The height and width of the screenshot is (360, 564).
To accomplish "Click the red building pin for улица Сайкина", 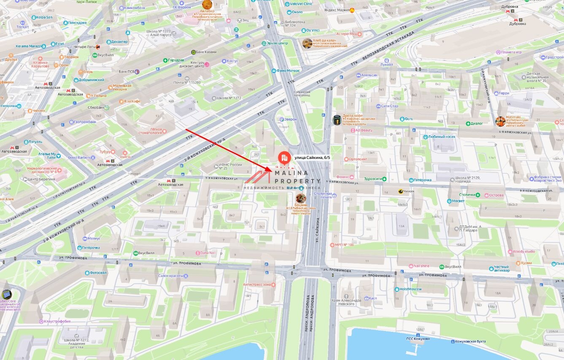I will (x=284, y=157).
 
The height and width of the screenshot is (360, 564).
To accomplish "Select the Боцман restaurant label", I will (x=301, y=205).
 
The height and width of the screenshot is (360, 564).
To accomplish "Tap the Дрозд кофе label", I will (x=353, y=116).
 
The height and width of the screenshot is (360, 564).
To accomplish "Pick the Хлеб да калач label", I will (x=324, y=41).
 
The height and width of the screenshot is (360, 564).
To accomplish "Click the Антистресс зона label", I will (x=257, y=285).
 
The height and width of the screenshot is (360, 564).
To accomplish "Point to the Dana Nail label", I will (x=208, y=253).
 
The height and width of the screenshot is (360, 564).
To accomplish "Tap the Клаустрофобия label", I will (x=57, y=321).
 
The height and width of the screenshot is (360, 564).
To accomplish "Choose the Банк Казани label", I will (x=206, y=52).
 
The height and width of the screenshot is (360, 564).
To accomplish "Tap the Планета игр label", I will (x=511, y=52).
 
